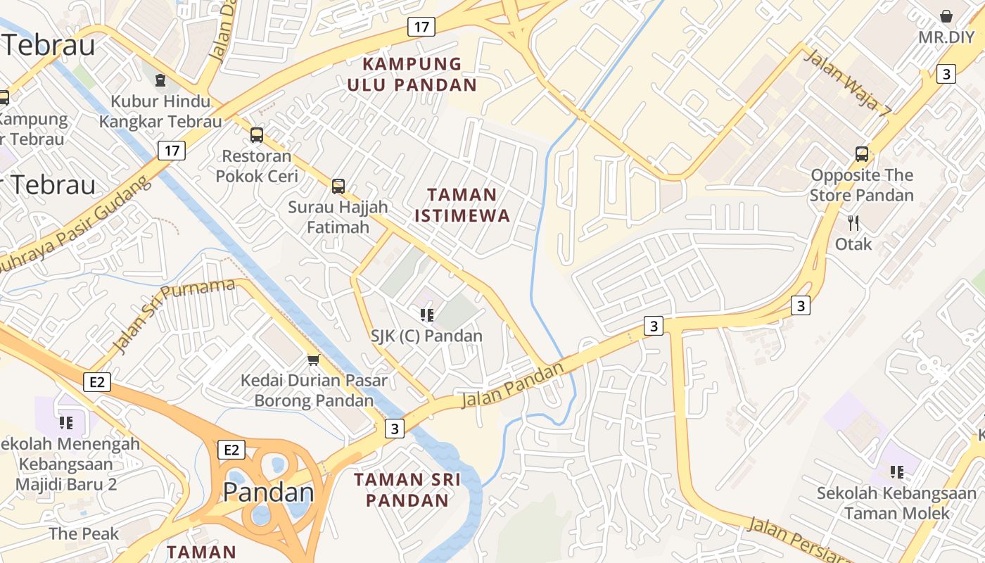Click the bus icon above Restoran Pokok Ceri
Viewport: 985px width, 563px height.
pos(257,134)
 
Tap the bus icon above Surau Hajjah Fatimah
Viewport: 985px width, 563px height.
pos(338,186)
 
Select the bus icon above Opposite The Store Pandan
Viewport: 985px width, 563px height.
pos(861,153)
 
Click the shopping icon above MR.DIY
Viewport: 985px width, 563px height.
pos(946,15)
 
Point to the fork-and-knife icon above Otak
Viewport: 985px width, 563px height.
pos(853,223)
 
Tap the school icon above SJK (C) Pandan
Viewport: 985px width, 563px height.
pos(426,315)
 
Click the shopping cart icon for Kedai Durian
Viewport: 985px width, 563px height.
pos(313,360)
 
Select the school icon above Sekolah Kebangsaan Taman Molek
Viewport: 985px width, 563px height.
pos(896,472)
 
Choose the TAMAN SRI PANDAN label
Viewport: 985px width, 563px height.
pos(407,490)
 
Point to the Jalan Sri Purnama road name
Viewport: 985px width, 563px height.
pos(173,315)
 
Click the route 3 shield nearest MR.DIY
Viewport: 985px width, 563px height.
pos(946,73)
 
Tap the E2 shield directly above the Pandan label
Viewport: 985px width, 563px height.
pos(231,450)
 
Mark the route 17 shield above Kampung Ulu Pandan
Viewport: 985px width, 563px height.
pos(421,27)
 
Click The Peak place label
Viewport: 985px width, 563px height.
pos(84,533)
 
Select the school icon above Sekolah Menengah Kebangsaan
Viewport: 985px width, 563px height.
pos(66,422)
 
